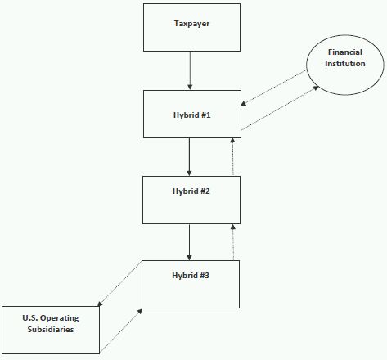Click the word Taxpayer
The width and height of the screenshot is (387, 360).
(x=191, y=24)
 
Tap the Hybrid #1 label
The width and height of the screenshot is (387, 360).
(x=192, y=115)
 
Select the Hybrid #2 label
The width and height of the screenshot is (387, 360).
(x=191, y=191)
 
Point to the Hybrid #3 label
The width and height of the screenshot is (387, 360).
(x=191, y=276)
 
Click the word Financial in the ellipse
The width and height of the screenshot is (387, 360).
(x=345, y=52)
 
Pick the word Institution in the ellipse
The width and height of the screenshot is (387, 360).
(x=345, y=64)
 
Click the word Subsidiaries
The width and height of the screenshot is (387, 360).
(x=51, y=330)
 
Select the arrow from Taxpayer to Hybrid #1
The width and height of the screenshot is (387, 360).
(x=190, y=70)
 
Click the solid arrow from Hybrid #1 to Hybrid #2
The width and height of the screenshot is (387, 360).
(x=189, y=157)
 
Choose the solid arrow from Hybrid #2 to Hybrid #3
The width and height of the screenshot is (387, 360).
(x=189, y=242)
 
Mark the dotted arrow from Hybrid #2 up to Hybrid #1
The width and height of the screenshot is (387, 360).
(x=232, y=156)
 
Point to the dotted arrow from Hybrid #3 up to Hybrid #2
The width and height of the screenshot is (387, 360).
(x=233, y=242)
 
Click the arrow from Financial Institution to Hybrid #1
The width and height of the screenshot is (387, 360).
(x=273, y=88)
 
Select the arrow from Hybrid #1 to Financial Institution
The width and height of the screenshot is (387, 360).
(x=280, y=108)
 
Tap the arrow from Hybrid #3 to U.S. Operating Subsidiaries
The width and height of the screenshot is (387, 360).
(x=119, y=284)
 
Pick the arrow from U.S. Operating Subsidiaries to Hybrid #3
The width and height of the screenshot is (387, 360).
(x=121, y=331)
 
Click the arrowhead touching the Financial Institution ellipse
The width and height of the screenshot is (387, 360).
(x=316, y=88)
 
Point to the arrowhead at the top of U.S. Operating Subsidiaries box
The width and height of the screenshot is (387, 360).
(x=100, y=304)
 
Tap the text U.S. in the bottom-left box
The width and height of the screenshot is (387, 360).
(x=30, y=318)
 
